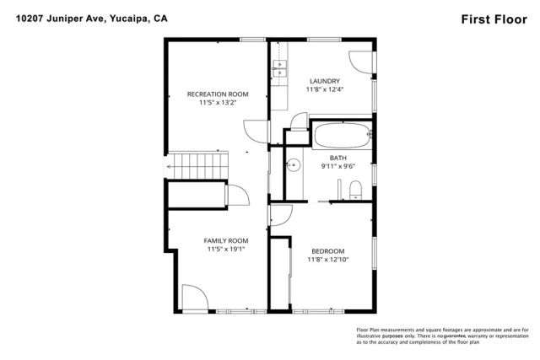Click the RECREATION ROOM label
(x=217, y=94)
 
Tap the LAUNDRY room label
(x=324, y=80)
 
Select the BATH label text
(x=337, y=158)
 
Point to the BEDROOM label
(x=327, y=251)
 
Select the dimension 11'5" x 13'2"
(x=217, y=103)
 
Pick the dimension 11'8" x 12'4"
(x=324, y=89)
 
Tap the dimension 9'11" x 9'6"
(x=337, y=166)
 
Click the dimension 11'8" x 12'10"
(x=328, y=260)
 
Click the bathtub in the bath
(x=340, y=133)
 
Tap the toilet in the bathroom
(x=355, y=186)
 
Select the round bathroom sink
(x=294, y=164)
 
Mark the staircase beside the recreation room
(x=197, y=165)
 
